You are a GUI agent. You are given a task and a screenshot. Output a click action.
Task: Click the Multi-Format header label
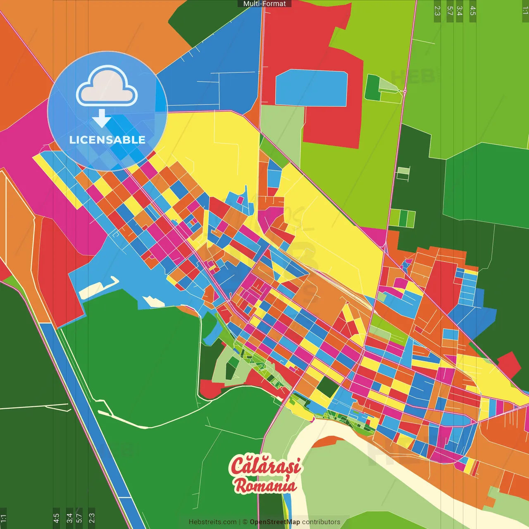(264, 4)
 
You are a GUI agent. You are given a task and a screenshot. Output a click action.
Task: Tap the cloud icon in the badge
(107, 88)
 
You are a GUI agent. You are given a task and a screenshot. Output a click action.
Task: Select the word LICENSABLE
(107, 140)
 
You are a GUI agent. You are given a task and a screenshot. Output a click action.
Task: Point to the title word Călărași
(265, 466)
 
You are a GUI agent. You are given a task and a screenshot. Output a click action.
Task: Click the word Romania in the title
(265, 485)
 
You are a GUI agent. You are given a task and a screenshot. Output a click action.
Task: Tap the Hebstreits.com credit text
(212, 522)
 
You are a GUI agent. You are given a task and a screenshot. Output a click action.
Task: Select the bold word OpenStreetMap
(274, 522)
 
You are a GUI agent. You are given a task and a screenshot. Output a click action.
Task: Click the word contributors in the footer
(321, 522)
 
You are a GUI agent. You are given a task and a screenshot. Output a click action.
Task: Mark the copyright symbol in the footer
(245, 522)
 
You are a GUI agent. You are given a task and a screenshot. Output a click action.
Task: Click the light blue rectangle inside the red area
(311, 88)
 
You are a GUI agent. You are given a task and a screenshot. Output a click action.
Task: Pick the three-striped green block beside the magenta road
(402, 218)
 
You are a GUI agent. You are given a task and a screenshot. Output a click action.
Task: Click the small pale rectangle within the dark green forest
(403, 171)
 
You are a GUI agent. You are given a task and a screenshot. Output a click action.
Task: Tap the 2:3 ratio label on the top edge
(437, 11)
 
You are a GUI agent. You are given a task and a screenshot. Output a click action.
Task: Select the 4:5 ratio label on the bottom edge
(56, 518)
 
